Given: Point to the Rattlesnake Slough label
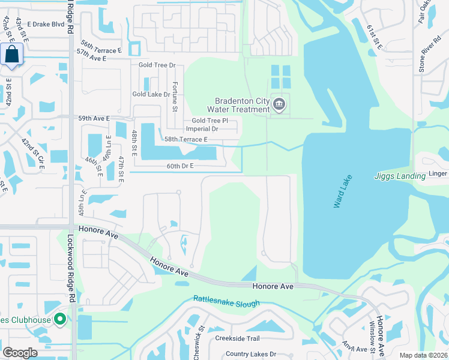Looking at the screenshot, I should [226, 301].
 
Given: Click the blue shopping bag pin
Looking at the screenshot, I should [11, 55].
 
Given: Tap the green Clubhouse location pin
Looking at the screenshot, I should [59, 319].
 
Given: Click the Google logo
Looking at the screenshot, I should [20, 353].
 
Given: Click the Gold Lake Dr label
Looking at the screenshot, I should [151, 94].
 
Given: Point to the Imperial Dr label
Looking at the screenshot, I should [202, 128].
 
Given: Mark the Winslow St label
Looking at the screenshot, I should [372, 339].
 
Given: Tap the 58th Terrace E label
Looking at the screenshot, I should [186, 139].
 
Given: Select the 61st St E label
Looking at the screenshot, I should [375, 37].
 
